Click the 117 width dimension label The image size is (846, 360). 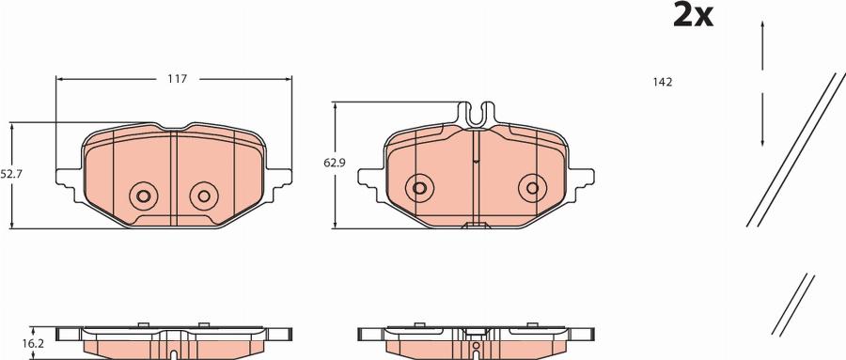click(x=177, y=79)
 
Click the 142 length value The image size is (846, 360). click(x=663, y=82)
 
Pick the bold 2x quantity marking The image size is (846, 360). click(x=694, y=15)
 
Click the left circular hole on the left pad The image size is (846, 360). click(x=144, y=196)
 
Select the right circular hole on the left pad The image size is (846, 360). click(x=204, y=196)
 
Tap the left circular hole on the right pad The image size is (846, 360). click(x=419, y=188)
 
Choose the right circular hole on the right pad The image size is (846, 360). click(x=533, y=188)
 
